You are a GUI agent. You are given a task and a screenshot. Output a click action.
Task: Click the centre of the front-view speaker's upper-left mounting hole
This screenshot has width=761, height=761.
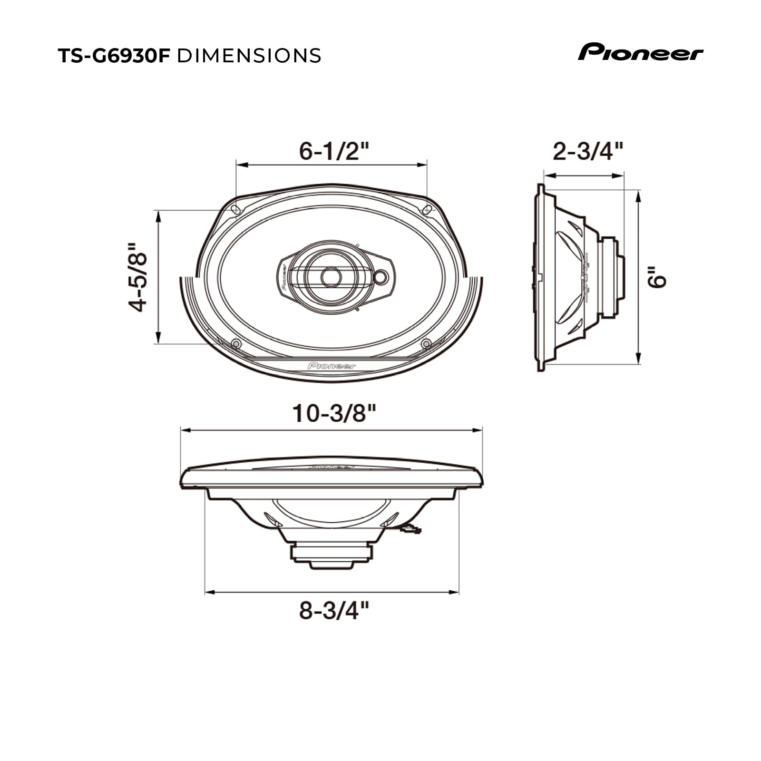[x=235, y=209]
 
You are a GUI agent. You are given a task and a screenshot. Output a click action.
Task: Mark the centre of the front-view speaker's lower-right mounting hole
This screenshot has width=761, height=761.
[x=426, y=343]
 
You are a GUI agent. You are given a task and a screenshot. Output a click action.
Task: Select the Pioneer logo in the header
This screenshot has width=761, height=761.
[x=641, y=52]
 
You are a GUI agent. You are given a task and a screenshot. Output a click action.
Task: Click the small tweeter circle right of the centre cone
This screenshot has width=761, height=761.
[x=381, y=277]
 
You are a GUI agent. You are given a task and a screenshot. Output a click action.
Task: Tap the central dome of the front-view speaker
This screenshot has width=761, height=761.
[x=331, y=277]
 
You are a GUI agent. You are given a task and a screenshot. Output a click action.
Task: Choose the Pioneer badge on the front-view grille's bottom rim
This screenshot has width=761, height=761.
[x=332, y=366]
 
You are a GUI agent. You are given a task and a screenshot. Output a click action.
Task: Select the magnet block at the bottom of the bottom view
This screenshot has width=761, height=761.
[x=332, y=556]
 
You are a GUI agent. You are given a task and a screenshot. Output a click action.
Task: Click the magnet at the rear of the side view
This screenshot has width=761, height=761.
[x=612, y=277]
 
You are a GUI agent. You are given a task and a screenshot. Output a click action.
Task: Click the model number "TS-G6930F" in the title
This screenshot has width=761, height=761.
[x=114, y=56]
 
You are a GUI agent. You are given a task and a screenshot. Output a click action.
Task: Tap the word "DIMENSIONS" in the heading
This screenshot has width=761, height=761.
[x=249, y=56]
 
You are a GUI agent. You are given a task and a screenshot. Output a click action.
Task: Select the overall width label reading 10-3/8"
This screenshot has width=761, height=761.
[x=334, y=413]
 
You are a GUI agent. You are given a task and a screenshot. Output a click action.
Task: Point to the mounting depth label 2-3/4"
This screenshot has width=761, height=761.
[x=587, y=152]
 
